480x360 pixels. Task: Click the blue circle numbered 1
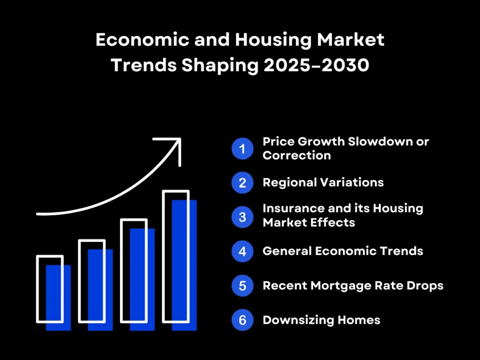(242, 149)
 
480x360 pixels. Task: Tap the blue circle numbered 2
(242, 182)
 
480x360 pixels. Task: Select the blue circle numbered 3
(242, 216)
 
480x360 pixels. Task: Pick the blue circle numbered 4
(242, 251)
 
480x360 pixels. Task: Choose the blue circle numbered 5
(242, 285)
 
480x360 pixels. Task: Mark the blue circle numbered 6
(242, 320)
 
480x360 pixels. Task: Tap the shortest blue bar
(58, 300)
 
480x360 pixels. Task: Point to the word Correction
(296, 156)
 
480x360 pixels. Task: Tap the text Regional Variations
(323, 182)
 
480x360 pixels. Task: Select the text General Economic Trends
(343, 251)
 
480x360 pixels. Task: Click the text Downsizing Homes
(321, 320)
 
